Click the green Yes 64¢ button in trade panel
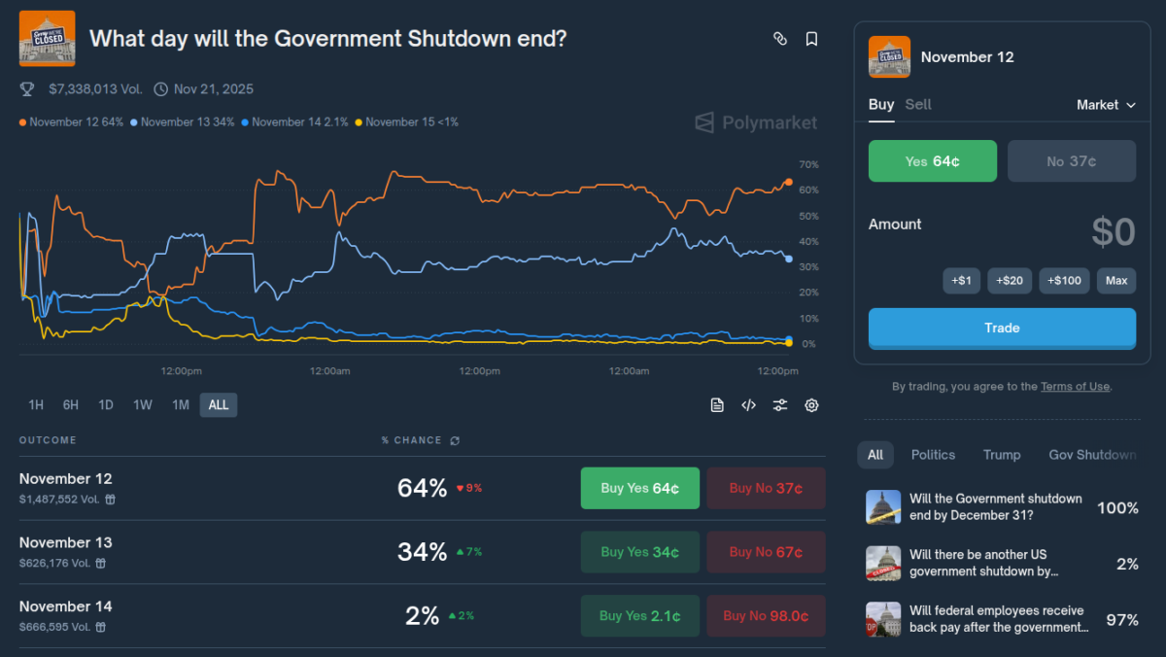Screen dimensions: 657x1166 pyautogui.click(x=932, y=161)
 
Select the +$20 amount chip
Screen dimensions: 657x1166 pyautogui.click(x=1010, y=281)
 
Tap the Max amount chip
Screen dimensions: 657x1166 pyautogui.click(x=1116, y=281)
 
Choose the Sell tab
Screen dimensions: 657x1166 pyautogui.click(x=918, y=105)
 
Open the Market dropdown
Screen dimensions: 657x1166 pyautogui.click(x=1106, y=105)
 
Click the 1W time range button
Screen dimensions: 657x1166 pyautogui.click(x=143, y=405)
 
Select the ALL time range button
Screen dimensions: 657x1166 pyautogui.click(x=219, y=405)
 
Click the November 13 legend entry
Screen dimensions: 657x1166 pyautogui.click(x=188, y=122)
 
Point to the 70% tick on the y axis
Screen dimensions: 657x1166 pyautogui.click(x=807, y=165)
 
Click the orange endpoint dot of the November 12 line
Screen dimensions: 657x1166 pyautogui.click(x=788, y=183)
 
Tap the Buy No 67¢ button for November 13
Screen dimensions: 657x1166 pyautogui.click(x=766, y=552)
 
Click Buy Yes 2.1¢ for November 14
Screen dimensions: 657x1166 pyautogui.click(x=639, y=616)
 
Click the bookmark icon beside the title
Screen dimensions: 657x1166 pyautogui.click(x=811, y=39)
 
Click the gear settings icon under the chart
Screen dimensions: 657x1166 pyautogui.click(x=811, y=405)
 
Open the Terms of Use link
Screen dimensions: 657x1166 pyautogui.click(x=1075, y=387)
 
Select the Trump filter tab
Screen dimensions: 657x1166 pyautogui.click(x=1002, y=455)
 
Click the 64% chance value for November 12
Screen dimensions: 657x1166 pyautogui.click(x=422, y=488)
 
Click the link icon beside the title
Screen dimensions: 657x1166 pyautogui.click(x=779, y=39)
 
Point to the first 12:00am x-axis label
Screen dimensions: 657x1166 pyautogui.click(x=330, y=371)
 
